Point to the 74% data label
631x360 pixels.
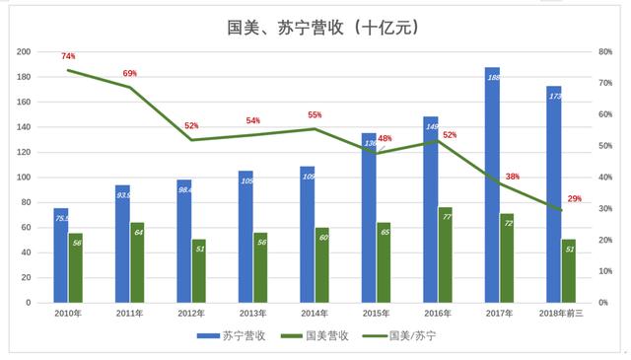pos(68,57)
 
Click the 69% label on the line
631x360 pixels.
pos(129,74)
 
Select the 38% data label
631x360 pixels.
pos(513,178)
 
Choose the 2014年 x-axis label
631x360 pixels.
pos(315,315)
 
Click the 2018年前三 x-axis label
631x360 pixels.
pos(561,315)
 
